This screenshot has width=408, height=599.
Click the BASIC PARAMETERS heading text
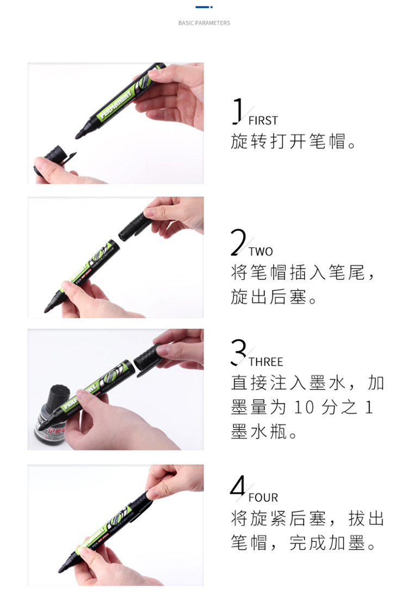click(x=204, y=23)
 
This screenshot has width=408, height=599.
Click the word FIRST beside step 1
click(x=263, y=121)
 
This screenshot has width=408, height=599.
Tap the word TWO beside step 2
click(x=261, y=252)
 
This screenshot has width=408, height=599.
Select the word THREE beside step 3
click(x=265, y=362)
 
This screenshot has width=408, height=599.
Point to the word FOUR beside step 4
click(x=263, y=498)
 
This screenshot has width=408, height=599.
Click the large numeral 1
click(x=238, y=111)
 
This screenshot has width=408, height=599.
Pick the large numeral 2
click(x=238, y=242)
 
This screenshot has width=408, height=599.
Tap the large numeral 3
click(x=238, y=352)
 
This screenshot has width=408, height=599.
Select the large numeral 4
click(x=238, y=487)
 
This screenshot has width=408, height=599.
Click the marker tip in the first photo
click(x=79, y=135)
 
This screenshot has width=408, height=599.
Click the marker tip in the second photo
click(x=47, y=309)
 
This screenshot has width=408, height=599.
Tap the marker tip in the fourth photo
click(x=61, y=570)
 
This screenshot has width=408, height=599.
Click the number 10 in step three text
click(x=304, y=408)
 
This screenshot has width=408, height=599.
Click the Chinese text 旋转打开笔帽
click(x=288, y=142)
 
